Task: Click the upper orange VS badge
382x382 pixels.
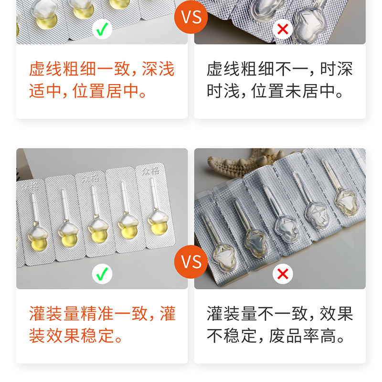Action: [x=191, y=18]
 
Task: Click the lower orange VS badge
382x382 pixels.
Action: [x=191, y=262]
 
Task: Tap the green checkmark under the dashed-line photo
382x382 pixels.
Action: [x=102, y=29]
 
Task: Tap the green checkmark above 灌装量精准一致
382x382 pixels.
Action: [x=102, y=274]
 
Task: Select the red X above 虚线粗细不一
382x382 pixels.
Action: [x=283, y=29]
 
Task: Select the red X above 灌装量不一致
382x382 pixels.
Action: [x=283, y=274]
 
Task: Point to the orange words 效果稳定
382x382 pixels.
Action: [x=72, y=336]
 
